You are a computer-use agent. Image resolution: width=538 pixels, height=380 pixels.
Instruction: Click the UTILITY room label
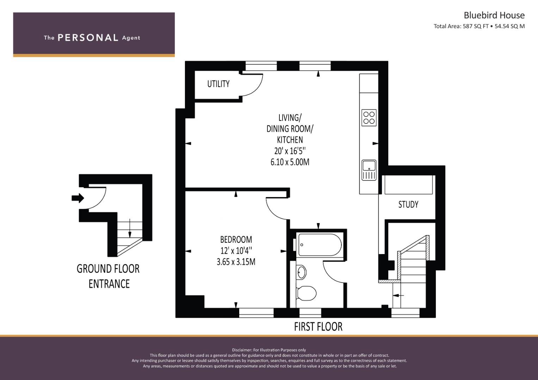pyautogui.click(x=218, y=84)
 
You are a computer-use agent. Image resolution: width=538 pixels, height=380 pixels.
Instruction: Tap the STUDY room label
pyautogui.click(x=408, y=204)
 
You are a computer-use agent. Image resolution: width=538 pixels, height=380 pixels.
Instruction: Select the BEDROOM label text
pyautogui.click(x=236, y=240)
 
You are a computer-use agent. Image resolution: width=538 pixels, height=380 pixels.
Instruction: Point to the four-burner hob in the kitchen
pyautogui.click(x=369, y=118)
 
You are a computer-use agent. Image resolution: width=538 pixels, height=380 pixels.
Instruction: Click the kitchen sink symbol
pyautogui.click(x=369, y=170)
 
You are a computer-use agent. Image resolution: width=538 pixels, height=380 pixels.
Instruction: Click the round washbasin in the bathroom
pyautogui.click(x=302, y=272)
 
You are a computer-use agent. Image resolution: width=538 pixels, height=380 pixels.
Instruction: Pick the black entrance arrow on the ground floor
pyautogui.click(x=78, y=198)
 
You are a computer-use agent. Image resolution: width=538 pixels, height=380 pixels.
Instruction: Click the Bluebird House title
pyautogui.click(x=494, y=15)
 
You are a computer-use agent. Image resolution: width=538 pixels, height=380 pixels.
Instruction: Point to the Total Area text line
pyautogui.click(x=479, y=26)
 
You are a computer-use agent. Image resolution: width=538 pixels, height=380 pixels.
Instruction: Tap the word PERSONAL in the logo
pyautogui.click(x=88, y=38)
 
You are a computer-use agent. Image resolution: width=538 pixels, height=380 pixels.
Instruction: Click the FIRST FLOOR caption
pyautogui.click(x=318, y=327)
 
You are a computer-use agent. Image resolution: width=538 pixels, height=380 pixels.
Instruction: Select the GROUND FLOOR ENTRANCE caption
pyautogui.click(x=109, y=276)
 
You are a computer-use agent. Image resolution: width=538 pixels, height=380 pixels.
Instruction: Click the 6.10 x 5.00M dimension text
pyautogui.click(x=290, y=162)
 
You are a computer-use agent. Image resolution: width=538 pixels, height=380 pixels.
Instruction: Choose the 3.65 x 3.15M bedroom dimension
pyautogui.click(x=236, y=262)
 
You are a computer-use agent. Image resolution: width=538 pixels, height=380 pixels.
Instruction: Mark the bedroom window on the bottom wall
pyautogui.click(x=256, y=312)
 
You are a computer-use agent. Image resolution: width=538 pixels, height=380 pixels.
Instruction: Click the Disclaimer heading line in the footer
pyautogui.click(x=269, y=350)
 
